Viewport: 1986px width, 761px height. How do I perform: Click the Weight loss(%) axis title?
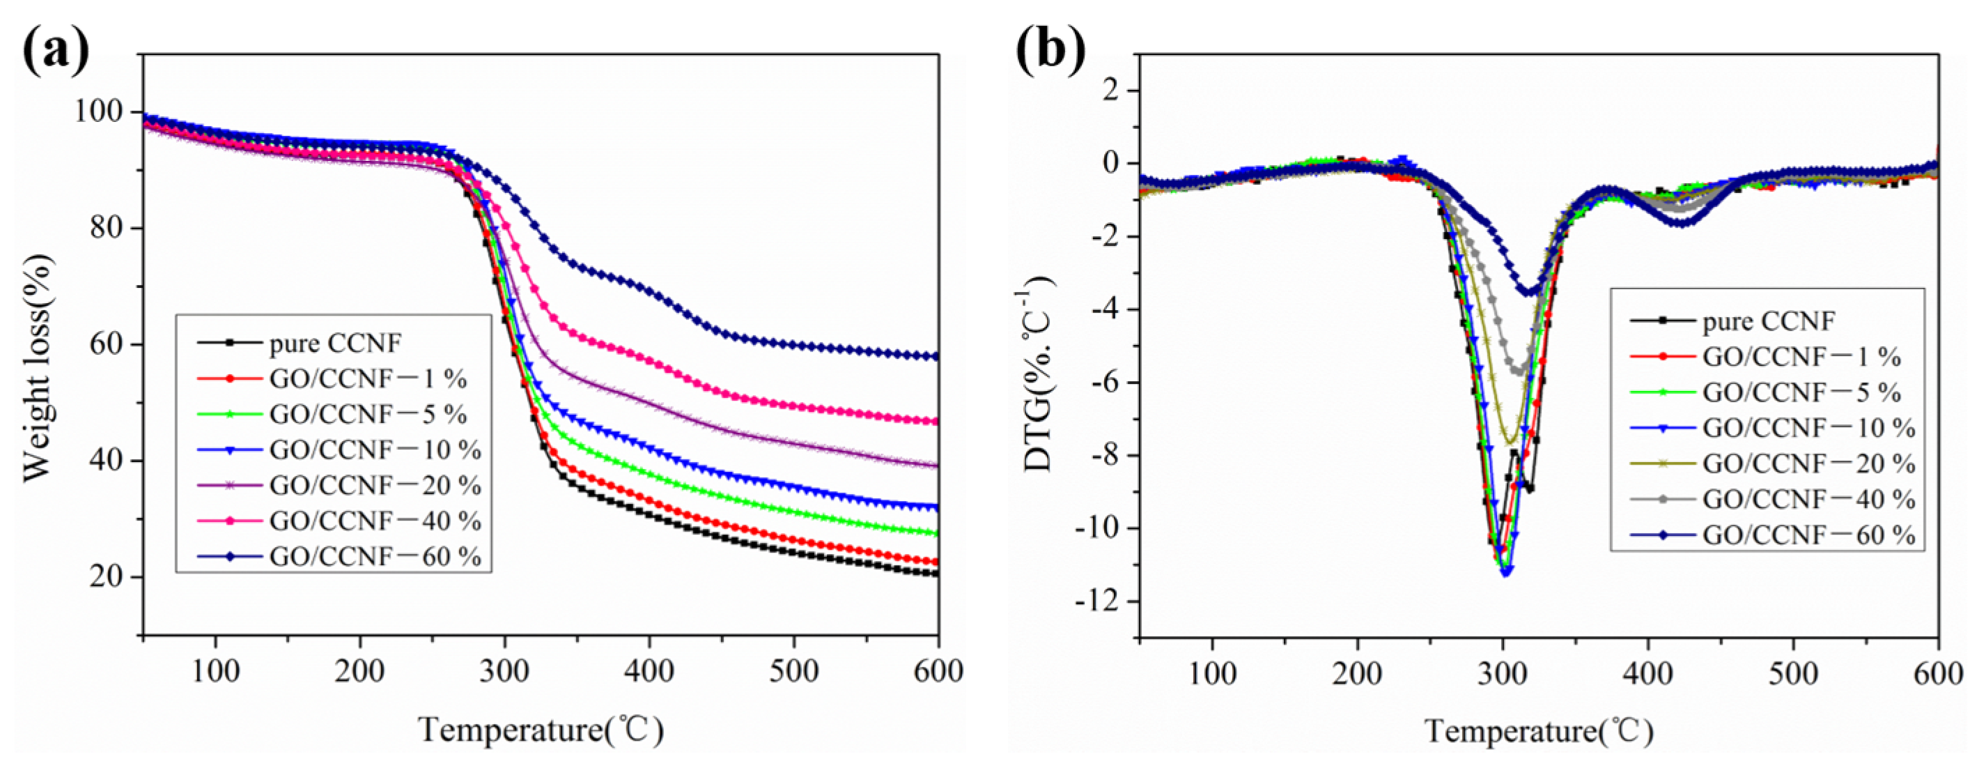tap(37, 368)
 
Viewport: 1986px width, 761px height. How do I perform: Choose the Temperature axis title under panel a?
tap(541, 729)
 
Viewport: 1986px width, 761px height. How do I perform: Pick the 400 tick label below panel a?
tap(649, 672)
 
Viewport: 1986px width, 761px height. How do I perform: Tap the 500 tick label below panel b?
tap(1792, 674)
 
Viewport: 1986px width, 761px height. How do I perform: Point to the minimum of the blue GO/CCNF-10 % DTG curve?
tap(1505, 572)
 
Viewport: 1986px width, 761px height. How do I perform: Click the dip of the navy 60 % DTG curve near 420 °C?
tap(1681, 224)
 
